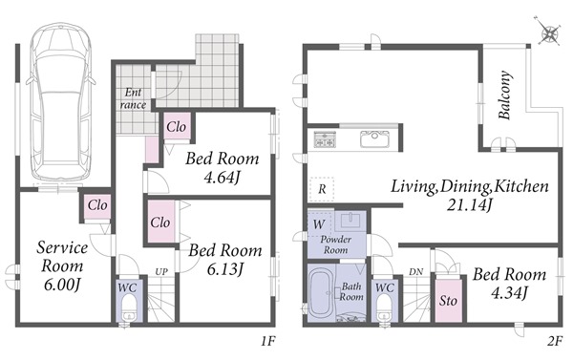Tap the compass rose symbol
(x=549, y=34)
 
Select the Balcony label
(x=505, y=95)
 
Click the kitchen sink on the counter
(x=374, y=138)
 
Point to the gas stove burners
(x=324, y=138)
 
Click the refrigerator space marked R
(x=322, y=189)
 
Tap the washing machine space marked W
(x=320, y=223)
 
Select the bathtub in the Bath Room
(x=321, y=294)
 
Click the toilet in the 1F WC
(x=128, y=307)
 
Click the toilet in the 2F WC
(x=384, y=307)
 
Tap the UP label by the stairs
(x=161, y=271)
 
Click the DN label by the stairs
(x=415, y=271)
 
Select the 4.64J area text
(x=223, y=178)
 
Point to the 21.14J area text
(x=469, y=204)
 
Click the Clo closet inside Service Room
(x=97, y=206)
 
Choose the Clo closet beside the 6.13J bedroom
(x=160, y=222)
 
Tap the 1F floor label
(x=267, y=341)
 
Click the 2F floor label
(x=554, y=341)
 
